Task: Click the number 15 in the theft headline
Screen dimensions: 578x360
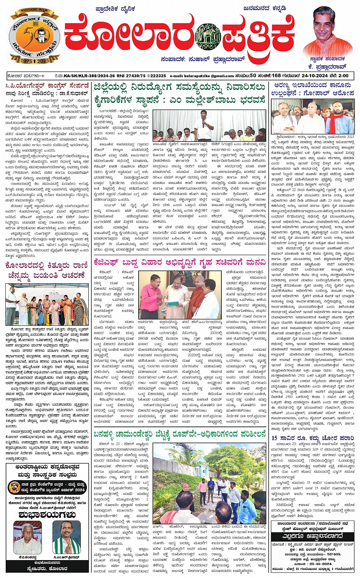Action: [x=274, y=439]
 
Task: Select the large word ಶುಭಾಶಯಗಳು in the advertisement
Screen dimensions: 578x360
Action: [x=47, y=514]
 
